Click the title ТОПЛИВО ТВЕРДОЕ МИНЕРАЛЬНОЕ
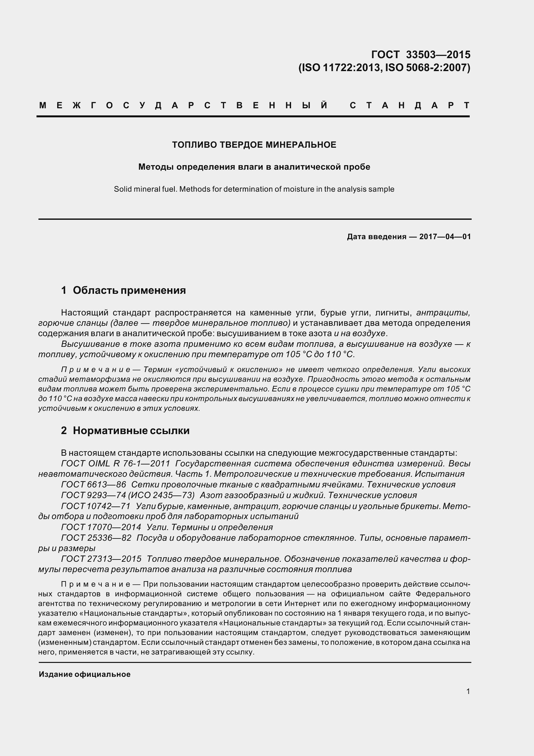(254, 145)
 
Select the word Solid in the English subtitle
(122, 189)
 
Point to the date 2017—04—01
(445, 237)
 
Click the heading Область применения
(129, 291)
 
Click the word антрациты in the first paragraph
(443, 313)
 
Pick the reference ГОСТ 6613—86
(93, 485)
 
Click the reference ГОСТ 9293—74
(93, 495)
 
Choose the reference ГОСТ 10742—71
(96, 506)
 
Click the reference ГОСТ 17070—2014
(101, 527)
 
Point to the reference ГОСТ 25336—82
(96, 538)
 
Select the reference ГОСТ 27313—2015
(101, 559)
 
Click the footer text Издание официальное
(85, 674)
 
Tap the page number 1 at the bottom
(468, 691)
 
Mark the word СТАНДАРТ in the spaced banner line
(410, 105)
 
